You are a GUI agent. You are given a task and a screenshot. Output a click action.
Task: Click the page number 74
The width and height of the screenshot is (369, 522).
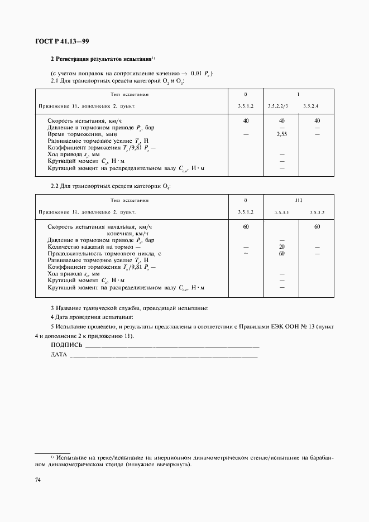(x=39, y=480)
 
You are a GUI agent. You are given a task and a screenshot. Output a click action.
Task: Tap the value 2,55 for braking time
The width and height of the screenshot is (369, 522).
(x=282, y=134)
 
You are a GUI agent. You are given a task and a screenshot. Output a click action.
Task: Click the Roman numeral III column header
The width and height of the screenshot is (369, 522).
(x=299, y=199)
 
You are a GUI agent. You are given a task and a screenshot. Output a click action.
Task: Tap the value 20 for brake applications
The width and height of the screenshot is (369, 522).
(x=282, y=246)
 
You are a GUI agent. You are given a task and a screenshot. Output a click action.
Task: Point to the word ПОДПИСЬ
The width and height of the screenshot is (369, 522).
(x=66, y=345)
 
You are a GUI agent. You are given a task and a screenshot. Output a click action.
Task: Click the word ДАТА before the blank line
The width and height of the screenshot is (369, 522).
(x=59, y=354)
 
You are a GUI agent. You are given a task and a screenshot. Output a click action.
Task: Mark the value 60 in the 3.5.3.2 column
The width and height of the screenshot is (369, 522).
(x=317, y=227)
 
